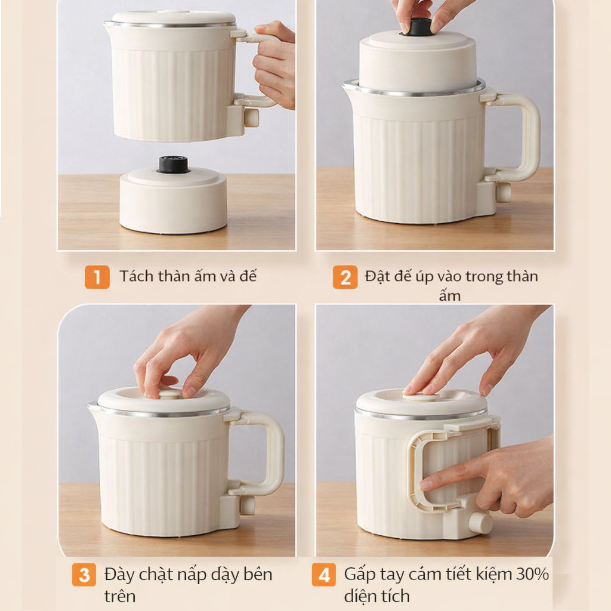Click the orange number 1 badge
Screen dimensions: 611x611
pyautogui.click(x=97, y=277)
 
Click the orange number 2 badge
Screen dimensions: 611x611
pyautogui.click(x=345, y=277)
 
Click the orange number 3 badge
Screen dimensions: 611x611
pyautogui.click(x=84, y=575)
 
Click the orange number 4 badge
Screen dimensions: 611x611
pyautogui.click(x=323, y=575)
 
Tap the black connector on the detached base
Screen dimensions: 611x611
pyautogui.click(x=173, y=164)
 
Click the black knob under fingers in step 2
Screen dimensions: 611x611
pyautogui.click(x=419, y=26)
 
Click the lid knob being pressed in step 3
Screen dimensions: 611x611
pyautogui.click(x=169, y=394)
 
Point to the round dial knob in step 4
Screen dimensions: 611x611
pyautogui.click(x=480, y=522)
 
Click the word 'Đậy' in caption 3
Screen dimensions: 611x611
pyautogui.click(x=119, y=575)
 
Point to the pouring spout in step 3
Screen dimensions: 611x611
pyautogui.click(x=92, y=407)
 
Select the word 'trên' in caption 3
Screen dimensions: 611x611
pyautogui.click(x=119, y=595)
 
